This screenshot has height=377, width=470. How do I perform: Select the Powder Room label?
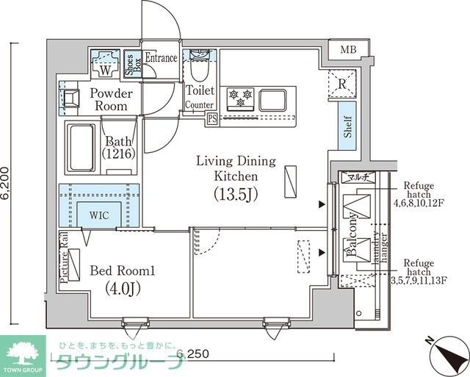coord(112,100)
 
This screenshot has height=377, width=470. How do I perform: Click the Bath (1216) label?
coord(117,148)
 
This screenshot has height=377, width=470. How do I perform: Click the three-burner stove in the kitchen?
coord(241,97)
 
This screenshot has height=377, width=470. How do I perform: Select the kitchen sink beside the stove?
coord(274,98)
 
